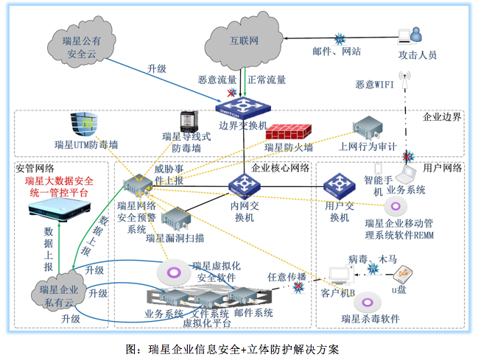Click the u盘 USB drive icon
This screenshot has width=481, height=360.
pos(402,274)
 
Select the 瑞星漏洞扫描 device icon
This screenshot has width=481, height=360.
pos(175,219)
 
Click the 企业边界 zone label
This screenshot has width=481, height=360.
pos(441,116)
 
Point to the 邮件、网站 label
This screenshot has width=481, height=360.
pos(336,52)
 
